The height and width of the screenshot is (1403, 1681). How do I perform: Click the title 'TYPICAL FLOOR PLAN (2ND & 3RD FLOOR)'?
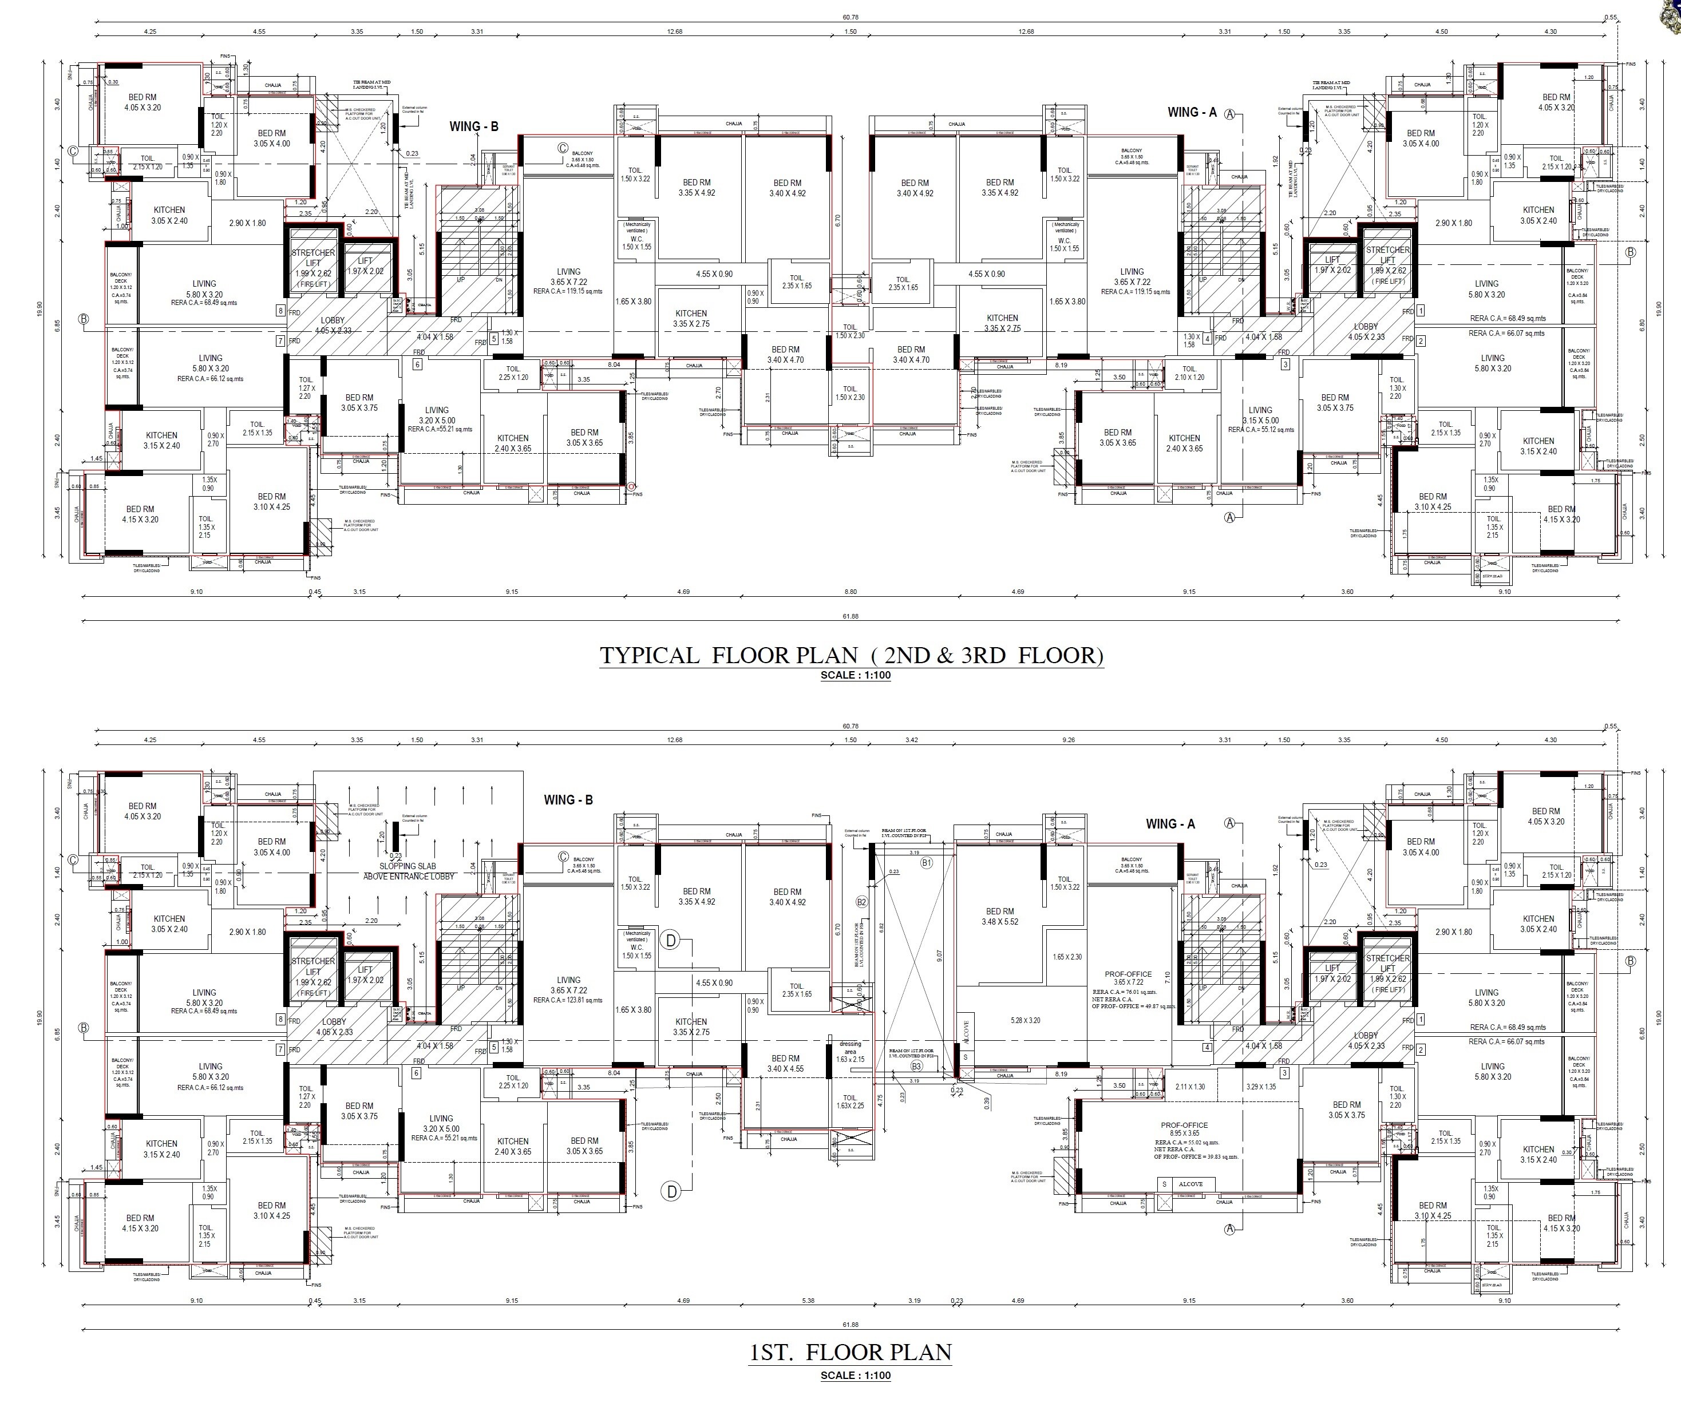pyautogui.click(x=851, y=656)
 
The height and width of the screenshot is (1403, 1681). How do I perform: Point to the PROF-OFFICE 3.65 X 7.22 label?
pyautogui.click(x=1128, y=978)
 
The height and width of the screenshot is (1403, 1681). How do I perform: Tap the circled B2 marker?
pyautogui.click(x=862, y=902)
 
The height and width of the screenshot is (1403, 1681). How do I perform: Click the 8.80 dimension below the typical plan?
pyautogui.click(x=850, y=592)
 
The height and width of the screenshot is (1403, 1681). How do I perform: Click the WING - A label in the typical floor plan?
pyautogui.click(x=1191, y=113)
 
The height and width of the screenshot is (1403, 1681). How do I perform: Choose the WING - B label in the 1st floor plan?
pyautogui.click(x=568, y=799)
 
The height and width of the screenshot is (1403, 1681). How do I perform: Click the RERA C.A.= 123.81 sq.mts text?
pyautogui.click(x=568, y=1000)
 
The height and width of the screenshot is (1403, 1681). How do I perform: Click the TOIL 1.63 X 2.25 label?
pyautogui.click(x=850, y=1102)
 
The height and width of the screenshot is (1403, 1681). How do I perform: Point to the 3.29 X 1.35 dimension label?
pyautogui.click(x=1261, y=1087)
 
